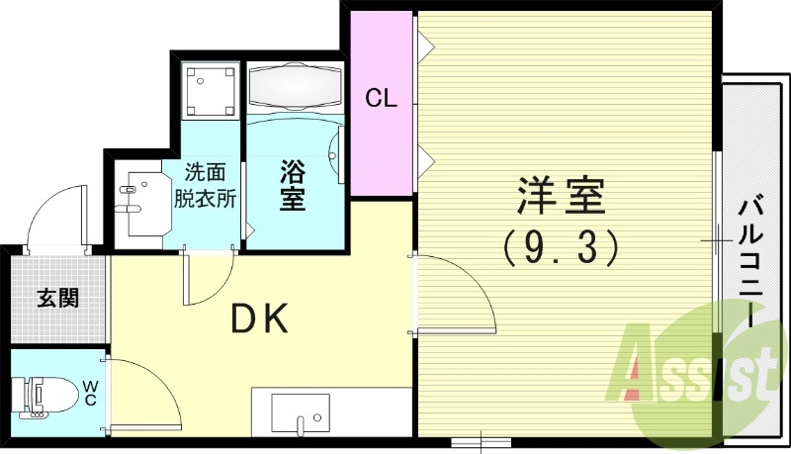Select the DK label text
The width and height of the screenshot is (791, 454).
[259, 318]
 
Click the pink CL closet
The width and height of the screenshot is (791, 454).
[382, 99]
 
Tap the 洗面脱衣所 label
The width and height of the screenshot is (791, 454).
[205, 183]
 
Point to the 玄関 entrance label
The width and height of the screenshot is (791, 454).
[58, 296]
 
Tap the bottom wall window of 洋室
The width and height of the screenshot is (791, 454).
[480, 440]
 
